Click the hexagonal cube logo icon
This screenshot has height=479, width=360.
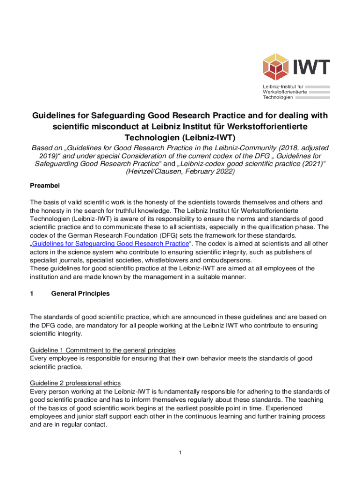(276, 67)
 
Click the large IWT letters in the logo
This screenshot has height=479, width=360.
(311, 67)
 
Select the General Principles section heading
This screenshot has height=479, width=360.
(80, 293)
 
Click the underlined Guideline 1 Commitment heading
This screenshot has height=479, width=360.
(103, 350)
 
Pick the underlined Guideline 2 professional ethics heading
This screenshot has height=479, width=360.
(75, 383)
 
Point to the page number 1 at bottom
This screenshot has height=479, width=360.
(180, 452)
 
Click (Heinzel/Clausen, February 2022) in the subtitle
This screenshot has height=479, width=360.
(180, 172)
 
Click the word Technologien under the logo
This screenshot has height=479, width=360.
(278, 97)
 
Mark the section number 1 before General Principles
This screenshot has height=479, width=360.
(32, 293)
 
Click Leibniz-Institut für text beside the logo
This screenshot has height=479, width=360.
(283, 87)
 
